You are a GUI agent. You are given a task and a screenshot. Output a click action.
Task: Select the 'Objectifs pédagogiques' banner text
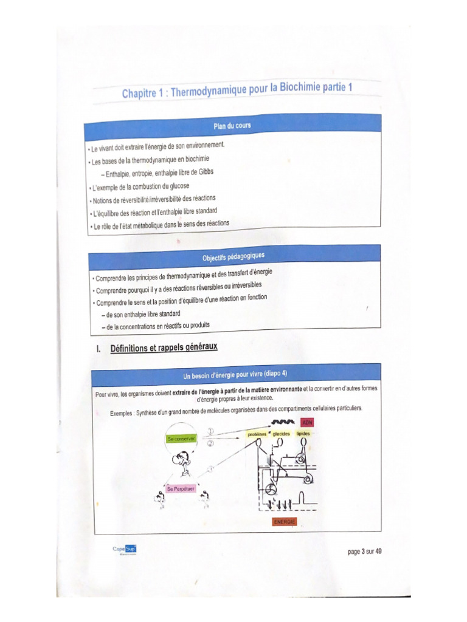click(x=234, y=256)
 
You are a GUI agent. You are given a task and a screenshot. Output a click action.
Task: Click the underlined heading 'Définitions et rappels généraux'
click(x=164, y=348)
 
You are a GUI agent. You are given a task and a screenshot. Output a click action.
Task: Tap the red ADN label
click(x=307, y=422)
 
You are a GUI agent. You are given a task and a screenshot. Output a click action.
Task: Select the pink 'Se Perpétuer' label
click(x=181, y=488)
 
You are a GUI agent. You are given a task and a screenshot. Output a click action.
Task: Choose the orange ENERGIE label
click(x=285, y=522)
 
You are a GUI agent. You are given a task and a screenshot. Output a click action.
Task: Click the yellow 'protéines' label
click(x=258, y=434)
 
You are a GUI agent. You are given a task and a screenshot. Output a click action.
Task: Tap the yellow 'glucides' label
click(x=282, y=434)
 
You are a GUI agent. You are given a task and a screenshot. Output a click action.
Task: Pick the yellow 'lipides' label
click(x=303, y=434)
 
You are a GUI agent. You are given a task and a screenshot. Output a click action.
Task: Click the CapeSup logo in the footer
click(x=124, y=549)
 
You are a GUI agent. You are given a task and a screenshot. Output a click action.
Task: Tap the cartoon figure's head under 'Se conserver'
click(x=180, y=459)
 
